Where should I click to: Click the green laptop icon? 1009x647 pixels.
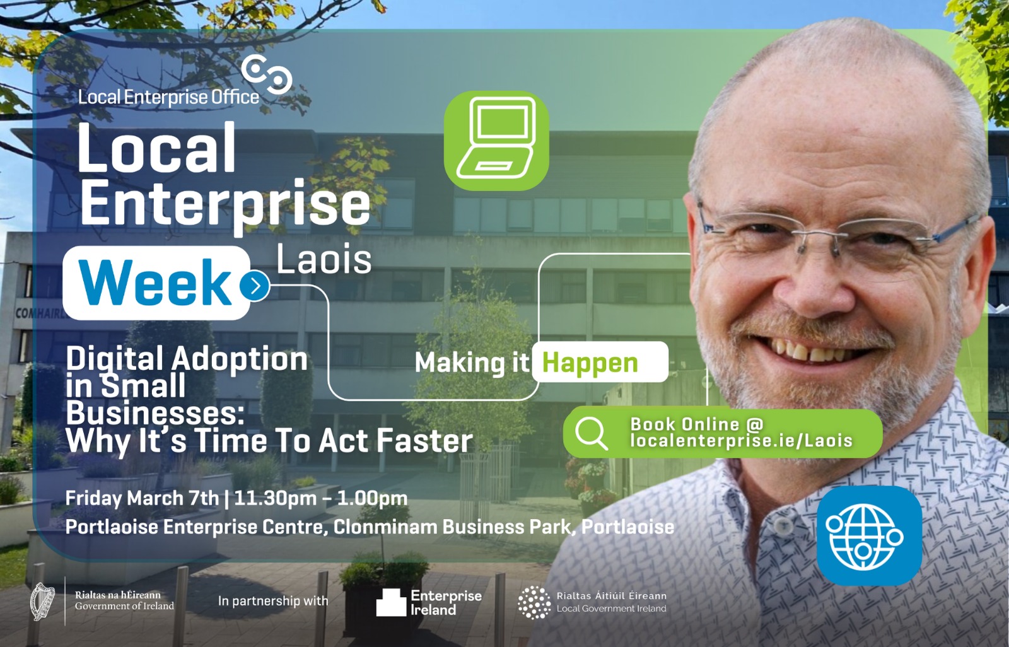click(x=496, y=141)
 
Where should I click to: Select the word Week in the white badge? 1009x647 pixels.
click(x=155, y=283)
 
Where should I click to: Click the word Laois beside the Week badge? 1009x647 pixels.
click(x=324, y=260)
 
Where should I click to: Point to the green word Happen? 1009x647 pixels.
click(x=590, y=363)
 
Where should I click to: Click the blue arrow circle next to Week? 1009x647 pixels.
click(x=255, y=286)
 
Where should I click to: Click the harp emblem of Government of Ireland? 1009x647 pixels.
click(x=42, y=602)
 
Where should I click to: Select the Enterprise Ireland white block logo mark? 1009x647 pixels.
click(x=391, y=602)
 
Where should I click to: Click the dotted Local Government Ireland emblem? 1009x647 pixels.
click(x=534, y=602)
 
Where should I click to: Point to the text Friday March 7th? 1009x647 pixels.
click(x=143, y=498)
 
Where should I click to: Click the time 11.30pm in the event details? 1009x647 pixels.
click(x=269, y=499)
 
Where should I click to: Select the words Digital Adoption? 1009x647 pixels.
click(x=187, y=359)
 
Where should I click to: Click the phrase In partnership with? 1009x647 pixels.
click(x=273, y=600)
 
